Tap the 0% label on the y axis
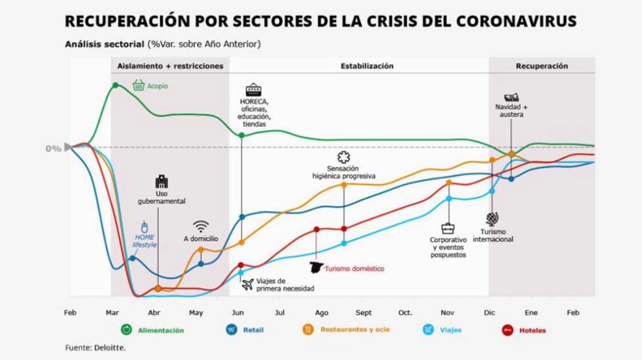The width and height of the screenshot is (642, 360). pos(53,149)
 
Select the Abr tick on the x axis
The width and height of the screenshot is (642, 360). pos(154,313)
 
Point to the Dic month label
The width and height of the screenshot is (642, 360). pos(489,313)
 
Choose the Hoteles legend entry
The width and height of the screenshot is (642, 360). pos(524,330)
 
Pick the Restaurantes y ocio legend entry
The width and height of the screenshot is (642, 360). pos(346,330)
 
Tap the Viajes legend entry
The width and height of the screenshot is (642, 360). pos(442,330)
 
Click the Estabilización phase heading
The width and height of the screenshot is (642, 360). pos(367,66)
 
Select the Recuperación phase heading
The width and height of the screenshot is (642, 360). pos(541,66)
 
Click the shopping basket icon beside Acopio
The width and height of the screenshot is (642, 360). pos(138,85)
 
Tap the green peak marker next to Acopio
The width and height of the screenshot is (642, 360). pos(115,85)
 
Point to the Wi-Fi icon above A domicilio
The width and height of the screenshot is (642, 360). pos(200,226)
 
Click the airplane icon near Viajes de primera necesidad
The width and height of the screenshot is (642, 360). pos(247,284)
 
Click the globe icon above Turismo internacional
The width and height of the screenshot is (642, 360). pos(492,219)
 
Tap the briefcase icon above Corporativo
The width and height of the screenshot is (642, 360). pos(448,229)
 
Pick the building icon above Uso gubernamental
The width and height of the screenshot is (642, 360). pos(162,182)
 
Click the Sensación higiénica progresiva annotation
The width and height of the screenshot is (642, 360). pos(343,172)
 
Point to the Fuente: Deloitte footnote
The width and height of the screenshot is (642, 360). pos(95,347)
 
